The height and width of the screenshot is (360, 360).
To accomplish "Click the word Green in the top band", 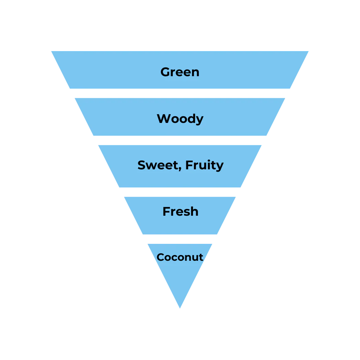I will click(x=180, y=72).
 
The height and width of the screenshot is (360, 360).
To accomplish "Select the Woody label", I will click(x=180, y=119).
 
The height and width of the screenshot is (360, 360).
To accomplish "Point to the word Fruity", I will click(x=204, y=165).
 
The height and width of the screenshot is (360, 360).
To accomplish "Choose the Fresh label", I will click(x=180, y=211).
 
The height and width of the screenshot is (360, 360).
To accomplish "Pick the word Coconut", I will click(x=180, y=257).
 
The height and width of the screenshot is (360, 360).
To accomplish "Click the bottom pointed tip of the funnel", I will click(x=180, y=308).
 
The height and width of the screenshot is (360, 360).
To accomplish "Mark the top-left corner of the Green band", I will click(x=50, y=50).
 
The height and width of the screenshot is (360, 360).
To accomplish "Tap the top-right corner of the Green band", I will click(x=308, y=50).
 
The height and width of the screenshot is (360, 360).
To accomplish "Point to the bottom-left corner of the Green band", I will click(x=68, y=89).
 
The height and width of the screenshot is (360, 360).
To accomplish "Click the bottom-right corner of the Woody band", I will click(x=268, y=137).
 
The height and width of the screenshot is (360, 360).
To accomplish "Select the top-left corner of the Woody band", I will click(x=74, y=99).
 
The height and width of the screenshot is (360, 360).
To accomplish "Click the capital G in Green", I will click(x=165, y=72).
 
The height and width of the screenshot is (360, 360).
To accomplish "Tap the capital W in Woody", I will click(x=164, y=119).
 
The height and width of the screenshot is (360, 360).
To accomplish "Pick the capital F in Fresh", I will click(x=166, y=211).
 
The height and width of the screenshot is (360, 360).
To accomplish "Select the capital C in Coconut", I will click(x=161, y=257).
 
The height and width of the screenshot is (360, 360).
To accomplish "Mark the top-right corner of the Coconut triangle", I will click(x=213, y=245).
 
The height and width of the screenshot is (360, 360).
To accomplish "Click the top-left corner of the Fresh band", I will click(x=123, y=196).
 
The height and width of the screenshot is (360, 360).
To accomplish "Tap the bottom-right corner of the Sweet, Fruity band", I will click(x=241, y=188).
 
